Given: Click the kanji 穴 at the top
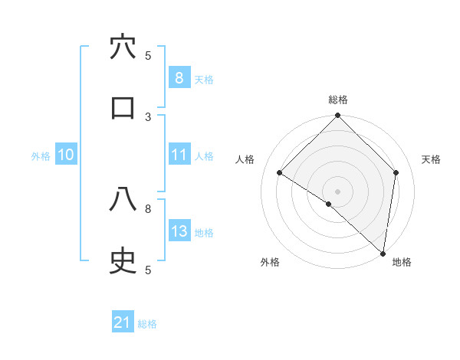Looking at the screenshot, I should [123, 47].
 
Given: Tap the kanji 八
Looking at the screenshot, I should [123, 201].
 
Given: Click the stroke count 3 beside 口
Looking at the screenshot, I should [148, 116].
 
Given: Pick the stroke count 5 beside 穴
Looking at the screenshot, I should [148, 55].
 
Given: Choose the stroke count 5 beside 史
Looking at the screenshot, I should [148, 270].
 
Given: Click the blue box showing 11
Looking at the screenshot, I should [179, 155].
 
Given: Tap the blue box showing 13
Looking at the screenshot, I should [179, 231].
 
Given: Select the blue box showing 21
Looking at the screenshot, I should [123, 323].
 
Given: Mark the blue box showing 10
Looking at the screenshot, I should [65, 155].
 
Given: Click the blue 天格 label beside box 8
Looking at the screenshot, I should [204, 79].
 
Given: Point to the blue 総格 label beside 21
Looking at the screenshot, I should [147, 324].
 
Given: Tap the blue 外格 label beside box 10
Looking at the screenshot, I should [41, 155].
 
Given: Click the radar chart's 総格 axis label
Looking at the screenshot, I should [338, 100].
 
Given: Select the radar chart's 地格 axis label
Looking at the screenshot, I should [402, 262].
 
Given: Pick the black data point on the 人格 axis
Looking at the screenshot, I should [280, 173].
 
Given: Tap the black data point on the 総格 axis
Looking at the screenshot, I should [338, 116].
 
